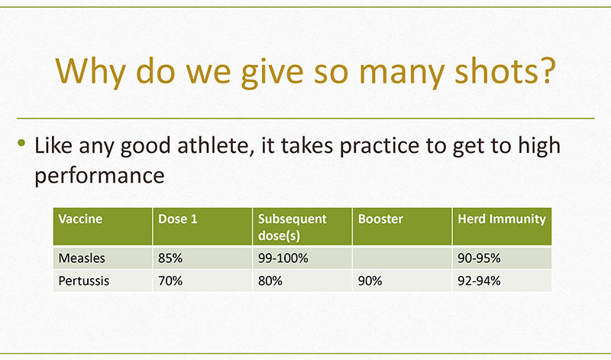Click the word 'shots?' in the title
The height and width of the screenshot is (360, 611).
pyautogui.click(x=505, y=70)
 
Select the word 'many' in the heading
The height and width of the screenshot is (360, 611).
pyautogui.click(x=402, y=75)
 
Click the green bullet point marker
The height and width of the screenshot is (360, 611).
pyautogui.click(x=21, y=143)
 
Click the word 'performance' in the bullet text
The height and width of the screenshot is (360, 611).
pyautogui.click(x=99, y=177)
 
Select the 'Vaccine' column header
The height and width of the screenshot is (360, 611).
pyautogui.click(x=80, y=219)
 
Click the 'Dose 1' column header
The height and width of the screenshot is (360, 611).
pyautogui.click(x=178, y=219)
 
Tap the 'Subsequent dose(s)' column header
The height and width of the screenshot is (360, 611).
pyautogui.click(x=293, y=227)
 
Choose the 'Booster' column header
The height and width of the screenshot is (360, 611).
pyautogui.click(x=380, y=219)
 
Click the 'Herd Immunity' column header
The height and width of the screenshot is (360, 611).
pyautogui.click(x=502, y=219)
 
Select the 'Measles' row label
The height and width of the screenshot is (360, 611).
pyautogui.click(x=82, y=258)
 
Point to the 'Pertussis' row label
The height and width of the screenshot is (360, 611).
pyautogui.click(x=84, y=281)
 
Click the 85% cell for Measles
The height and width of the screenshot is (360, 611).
pyautogui.click(x=170, y=258)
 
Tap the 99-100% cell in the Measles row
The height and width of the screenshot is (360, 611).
pyautogui.click(x=283, y=258)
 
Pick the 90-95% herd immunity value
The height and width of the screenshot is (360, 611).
pyautogui.click(x=479, y=258)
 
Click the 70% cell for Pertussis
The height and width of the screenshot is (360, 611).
pyautogui.click(x=170, y=281)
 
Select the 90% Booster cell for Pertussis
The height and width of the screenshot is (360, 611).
pyautogui.click(x=370, y=281)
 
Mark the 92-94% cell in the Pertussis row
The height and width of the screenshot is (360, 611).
pyautogui.click(x=479, y=281)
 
